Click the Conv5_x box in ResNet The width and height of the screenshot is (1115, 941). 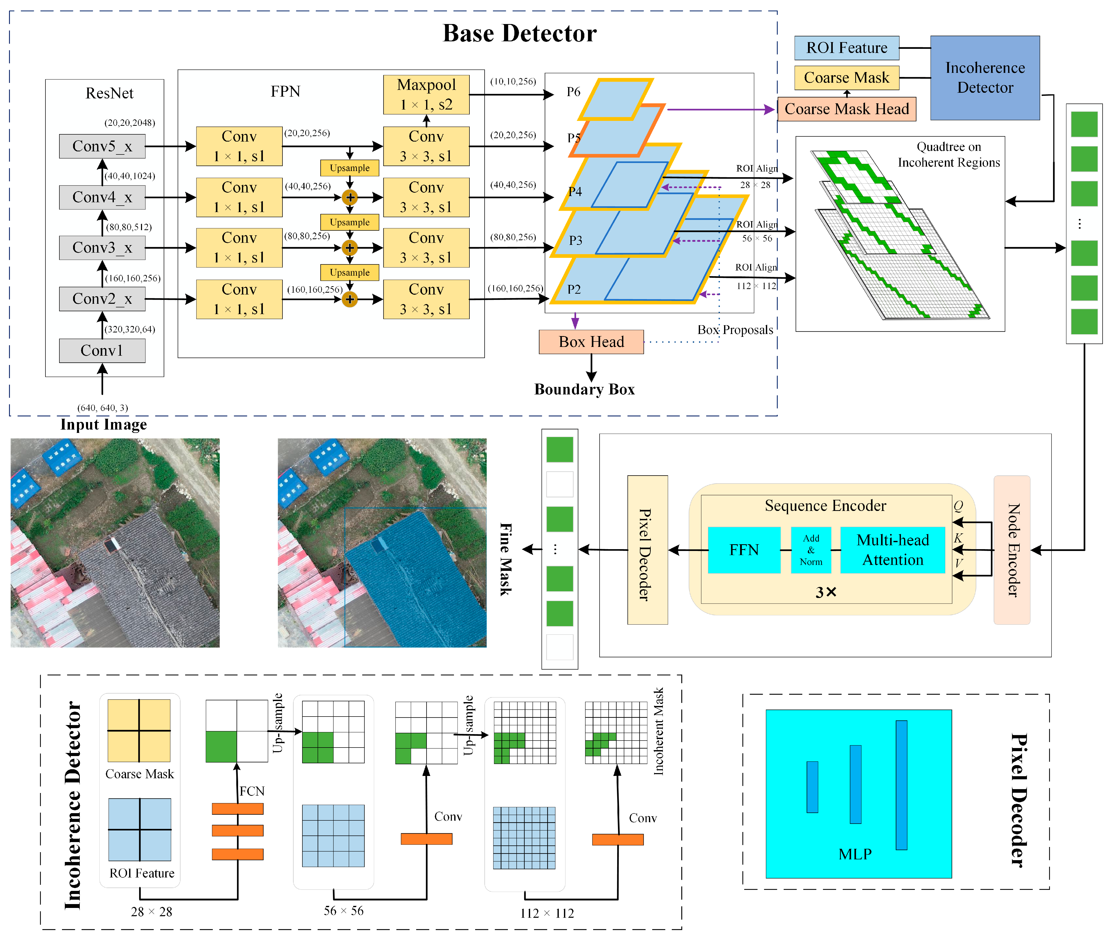tap(102, 146)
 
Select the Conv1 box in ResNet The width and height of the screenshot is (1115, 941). tap(102, 351)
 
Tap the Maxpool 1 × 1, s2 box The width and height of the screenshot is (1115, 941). tap(426, 95)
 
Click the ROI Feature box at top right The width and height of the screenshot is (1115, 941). tap(846, 48)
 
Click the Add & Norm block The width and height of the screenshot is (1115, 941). tap(811, 550)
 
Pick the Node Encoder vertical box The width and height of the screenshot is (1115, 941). tap(1011, 550)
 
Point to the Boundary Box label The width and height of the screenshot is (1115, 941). tap(584, 390)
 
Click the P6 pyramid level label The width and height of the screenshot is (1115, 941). tap(573, 92)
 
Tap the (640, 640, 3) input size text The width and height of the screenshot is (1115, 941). tap(102, 408)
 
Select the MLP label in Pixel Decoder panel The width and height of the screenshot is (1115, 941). tap(855, 854)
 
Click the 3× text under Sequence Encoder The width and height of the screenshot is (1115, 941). tap(826, 592)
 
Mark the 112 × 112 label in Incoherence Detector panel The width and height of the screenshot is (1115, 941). tap(547, 913)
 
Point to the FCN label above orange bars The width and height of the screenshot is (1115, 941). tap(252, 791)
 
